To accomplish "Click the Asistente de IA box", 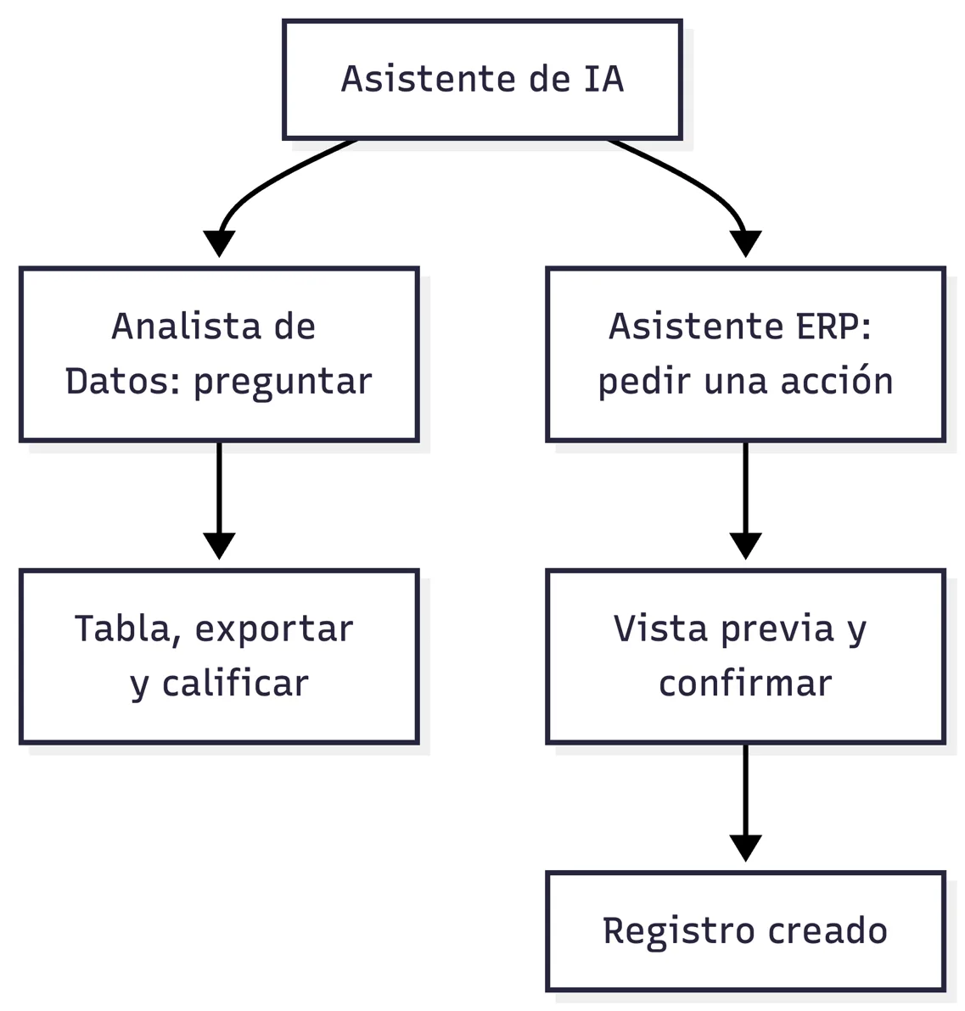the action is coord(482,80).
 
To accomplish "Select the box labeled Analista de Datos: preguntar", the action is coord(219,354).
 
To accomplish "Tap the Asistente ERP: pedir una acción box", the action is coord(746,354).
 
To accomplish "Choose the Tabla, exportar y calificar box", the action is coord(219,656).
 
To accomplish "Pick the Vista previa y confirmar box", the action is coord(746,656).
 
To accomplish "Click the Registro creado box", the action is coord(746,931).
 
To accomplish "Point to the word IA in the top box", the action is coord(604,80).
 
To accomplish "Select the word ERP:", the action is coord(834,327).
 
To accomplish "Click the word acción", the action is coord(837,380).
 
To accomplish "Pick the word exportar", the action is coord(274,630).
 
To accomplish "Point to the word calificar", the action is coord(235,683).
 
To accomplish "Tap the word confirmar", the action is coord(746,683).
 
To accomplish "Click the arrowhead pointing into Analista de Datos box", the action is coord(219,243).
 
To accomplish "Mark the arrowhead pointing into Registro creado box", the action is coord(746,848).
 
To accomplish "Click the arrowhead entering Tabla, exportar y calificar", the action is coord(219,546).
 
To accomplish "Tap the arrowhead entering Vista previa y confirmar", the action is coord(746,546).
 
